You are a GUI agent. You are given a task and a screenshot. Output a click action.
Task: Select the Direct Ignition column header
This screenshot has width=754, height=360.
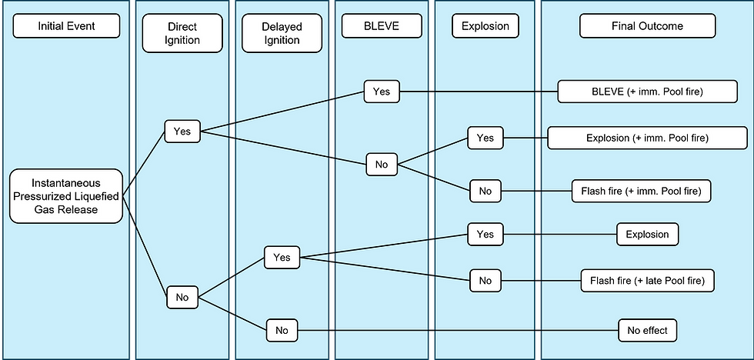[x=182, y=32]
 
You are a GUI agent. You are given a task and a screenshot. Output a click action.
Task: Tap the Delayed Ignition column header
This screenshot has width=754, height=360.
[x=282, y=32]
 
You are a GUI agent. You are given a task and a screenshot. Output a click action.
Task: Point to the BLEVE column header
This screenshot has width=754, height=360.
[x=381, y=27]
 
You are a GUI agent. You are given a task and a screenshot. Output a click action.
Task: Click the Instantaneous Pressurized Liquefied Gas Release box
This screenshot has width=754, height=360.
[x=65, y=196]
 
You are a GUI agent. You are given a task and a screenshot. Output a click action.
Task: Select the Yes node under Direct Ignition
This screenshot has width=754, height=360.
[x=182, y=132]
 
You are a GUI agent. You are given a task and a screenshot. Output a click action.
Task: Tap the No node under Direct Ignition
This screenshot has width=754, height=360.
[x=182, y=296]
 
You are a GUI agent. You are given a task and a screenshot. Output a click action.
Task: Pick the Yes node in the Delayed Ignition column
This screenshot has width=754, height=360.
[x=282, y=258]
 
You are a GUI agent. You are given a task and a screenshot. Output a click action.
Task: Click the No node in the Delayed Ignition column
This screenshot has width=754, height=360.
[x=282, y=331]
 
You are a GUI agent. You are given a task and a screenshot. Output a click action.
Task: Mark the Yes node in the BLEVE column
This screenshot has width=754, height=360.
[x=381, y=92]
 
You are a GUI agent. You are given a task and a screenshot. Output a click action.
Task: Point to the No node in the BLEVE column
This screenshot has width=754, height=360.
[x=381, y=165]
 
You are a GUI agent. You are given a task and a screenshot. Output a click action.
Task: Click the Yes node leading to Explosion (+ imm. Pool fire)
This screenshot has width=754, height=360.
[x=485, y=138]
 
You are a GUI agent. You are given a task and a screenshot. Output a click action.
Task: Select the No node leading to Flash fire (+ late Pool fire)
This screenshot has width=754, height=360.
[x=485, y=282]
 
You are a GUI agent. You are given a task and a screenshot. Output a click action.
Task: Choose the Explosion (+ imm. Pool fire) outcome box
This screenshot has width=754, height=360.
[x=647, y=138]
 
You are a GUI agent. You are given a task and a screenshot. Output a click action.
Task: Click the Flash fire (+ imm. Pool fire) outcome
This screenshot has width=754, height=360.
[x=641, y=190]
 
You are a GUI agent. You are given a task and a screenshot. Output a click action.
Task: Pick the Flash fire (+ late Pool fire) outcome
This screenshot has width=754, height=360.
[x=647, y=282]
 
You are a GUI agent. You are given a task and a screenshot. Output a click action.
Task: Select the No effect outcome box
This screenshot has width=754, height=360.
[x=647, y=331]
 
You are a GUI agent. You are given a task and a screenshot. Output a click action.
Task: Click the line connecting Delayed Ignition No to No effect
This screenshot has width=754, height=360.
[x=462, y=331]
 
